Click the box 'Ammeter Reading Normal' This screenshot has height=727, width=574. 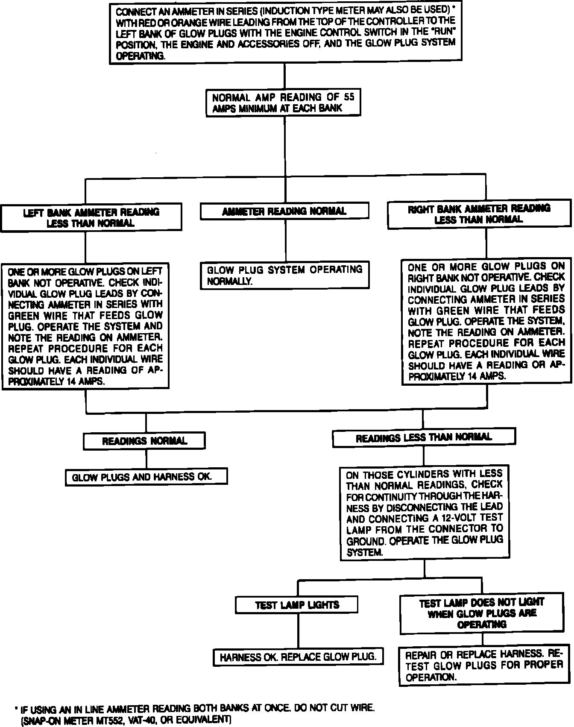click(x=284, y=211)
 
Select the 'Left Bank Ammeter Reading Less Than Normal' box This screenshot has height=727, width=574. click(x=91, y=218)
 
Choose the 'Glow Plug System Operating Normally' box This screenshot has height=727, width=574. click(x=285, y=276)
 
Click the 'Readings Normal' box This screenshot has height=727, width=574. click(x=144, y=441)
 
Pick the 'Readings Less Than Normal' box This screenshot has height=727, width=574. click(x=424, y=437)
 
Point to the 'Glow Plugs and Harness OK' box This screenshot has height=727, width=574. click(x=146, y=477)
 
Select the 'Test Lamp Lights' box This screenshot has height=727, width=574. click(x=297, y=605)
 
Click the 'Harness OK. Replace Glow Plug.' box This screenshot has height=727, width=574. click(x=298, y=657)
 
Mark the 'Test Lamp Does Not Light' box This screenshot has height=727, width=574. click(x=482, y=613)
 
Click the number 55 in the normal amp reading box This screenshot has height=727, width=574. click(x=349, y=97)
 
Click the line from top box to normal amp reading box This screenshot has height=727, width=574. click(x=284, y=77)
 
